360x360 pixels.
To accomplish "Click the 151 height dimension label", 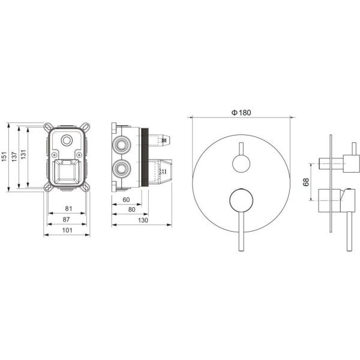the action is (4, 157).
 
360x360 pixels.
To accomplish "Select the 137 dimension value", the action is (14, 157).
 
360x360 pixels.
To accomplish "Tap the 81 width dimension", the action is (68, 208).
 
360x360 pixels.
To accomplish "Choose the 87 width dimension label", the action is (66, 220).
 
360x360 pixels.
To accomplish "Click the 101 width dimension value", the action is (67, 230).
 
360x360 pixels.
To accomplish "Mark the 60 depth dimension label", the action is (126, 200).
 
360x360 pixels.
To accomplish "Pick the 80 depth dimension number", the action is (132, 209).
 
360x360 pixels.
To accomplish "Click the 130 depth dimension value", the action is (143, 220).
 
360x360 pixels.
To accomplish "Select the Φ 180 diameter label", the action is (241, 113).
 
